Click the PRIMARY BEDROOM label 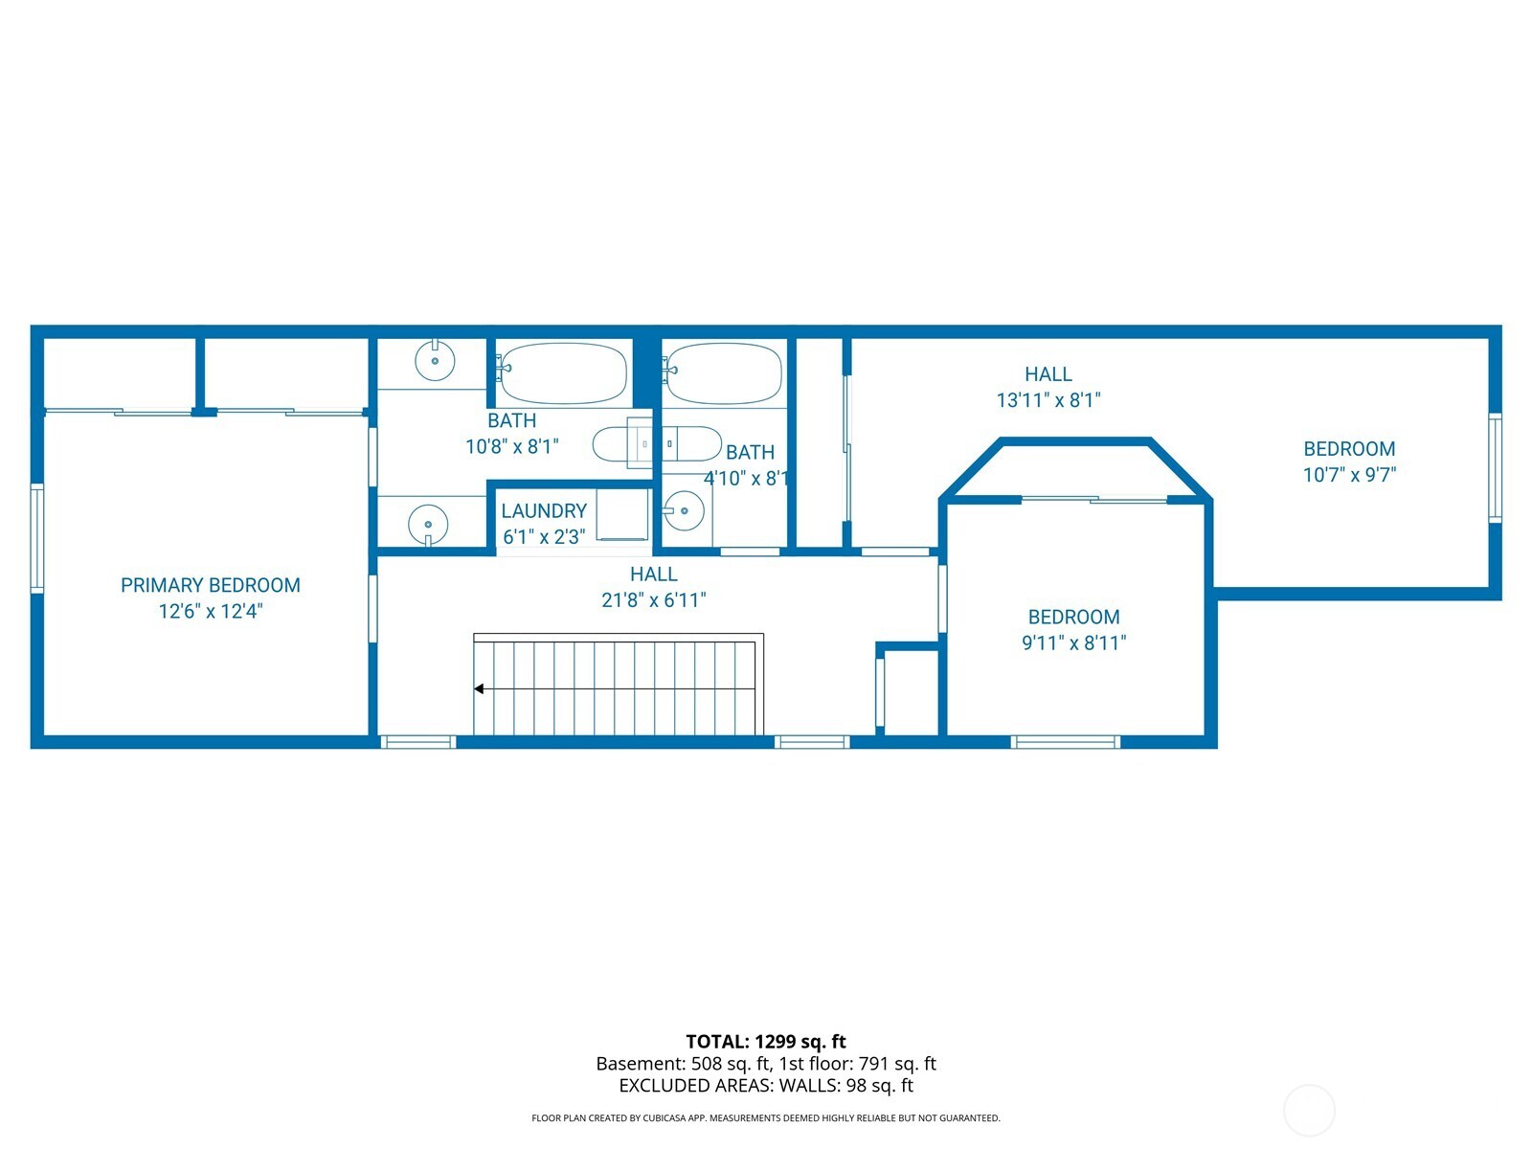(211, 585)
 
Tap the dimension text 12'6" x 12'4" (211, 611)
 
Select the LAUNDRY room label (544, 511)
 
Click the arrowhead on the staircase (479, 688)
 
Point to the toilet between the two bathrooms (657, 445)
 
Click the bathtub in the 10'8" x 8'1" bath (562, 373)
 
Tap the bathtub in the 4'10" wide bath (724, 373)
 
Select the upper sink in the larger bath (435, 361)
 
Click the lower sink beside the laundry (428, 525)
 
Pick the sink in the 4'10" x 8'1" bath (684, 511)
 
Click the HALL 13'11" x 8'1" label (1048, 374)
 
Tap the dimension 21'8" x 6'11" (654, 600)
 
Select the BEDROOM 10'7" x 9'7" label (1349, 449)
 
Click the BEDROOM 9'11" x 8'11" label (1073, 618)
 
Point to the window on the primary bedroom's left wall (37, 539)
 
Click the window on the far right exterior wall (1495, 468)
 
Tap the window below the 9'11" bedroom (1066, 742)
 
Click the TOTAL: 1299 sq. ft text (766, 1042)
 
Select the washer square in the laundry (623, 515)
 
